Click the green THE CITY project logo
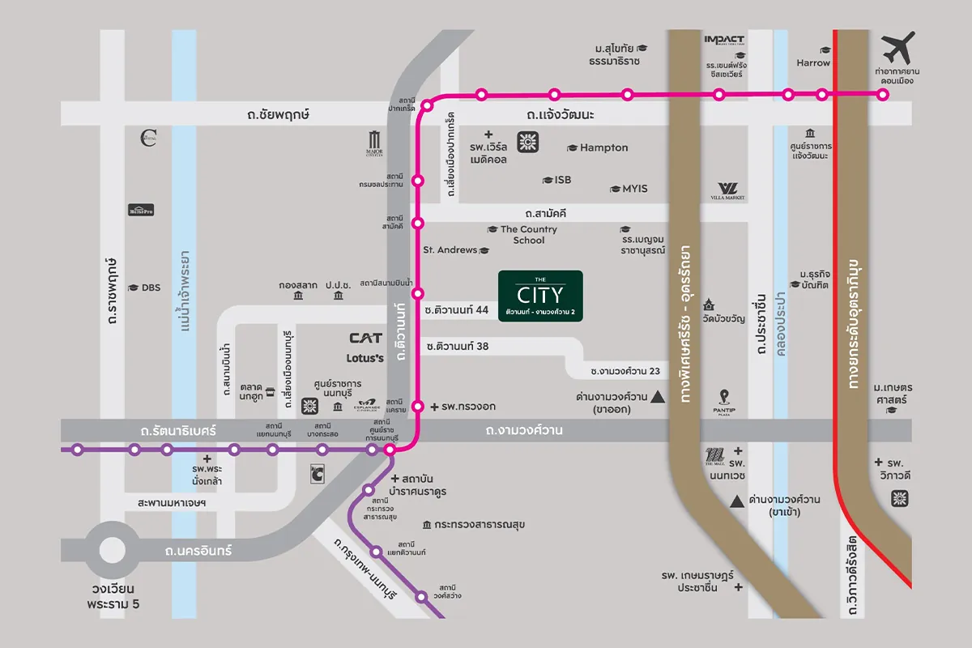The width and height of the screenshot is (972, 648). tap(540, 296)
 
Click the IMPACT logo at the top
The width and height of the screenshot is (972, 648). tap(724, 39)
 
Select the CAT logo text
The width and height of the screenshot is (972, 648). tap(365, 338)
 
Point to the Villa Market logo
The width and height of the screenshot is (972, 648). tap(727, 190)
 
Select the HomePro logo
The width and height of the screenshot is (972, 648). tap(141, 211)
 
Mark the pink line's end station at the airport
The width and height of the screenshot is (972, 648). tap(883, 95)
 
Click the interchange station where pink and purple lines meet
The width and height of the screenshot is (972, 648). tap(390, 450)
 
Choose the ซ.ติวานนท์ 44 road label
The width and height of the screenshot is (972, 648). tap(456, 310)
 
